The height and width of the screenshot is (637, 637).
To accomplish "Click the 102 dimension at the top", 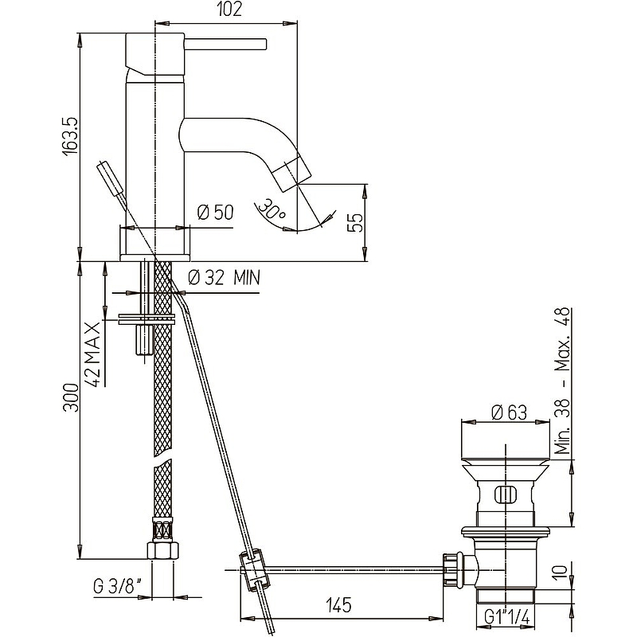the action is pos(229,10).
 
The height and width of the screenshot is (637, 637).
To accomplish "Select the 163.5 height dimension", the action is pos(70,136).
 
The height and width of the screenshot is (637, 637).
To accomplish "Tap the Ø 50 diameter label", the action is pos(215,213).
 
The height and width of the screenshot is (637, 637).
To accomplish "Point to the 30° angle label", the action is pos(272,209).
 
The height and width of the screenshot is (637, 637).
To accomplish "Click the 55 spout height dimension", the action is pos(355,222).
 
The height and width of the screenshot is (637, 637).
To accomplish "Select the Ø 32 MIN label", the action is pos(225,278).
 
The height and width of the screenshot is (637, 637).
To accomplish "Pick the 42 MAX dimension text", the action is pos(92,354).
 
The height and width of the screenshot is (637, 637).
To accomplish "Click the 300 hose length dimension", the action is pos(71,397).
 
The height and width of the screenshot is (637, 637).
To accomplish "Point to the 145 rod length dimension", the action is pos(338,605).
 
